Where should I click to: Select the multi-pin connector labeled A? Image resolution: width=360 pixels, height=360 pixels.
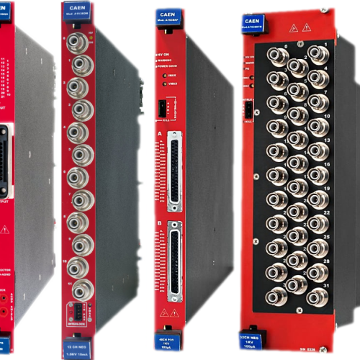point(174,171)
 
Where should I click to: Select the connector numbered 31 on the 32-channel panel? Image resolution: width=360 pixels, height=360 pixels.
point(316,296)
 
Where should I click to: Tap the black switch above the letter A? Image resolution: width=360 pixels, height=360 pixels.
point(162,109)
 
